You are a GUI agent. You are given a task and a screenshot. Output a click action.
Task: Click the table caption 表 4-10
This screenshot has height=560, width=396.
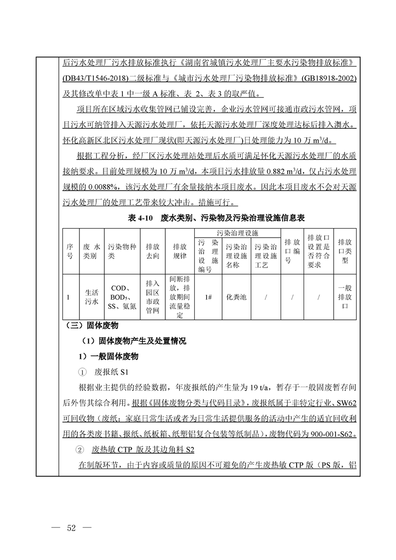(140, 218)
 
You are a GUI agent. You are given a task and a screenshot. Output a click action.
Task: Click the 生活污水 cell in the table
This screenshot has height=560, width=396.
(91, 297)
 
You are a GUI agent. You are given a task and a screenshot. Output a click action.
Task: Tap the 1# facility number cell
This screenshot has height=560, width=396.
(208, 297)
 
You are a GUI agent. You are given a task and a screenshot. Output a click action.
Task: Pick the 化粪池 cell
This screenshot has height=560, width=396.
(236, 297)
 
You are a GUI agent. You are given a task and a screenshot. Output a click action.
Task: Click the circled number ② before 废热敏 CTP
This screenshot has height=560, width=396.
(82, 450)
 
